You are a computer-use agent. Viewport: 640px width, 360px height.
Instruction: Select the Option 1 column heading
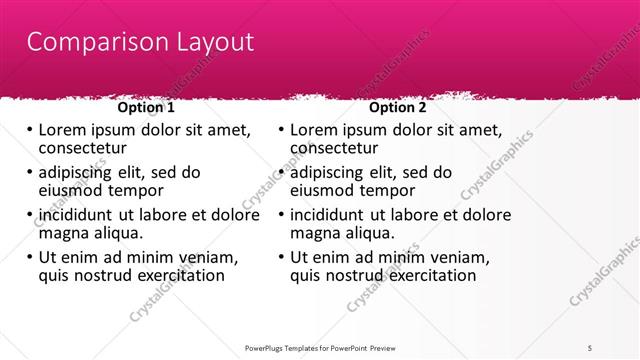[x=146, y=107]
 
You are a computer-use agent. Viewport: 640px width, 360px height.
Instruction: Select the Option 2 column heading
[x=397, y=107]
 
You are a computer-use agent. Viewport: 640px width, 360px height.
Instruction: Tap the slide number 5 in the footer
[x=590, y=347]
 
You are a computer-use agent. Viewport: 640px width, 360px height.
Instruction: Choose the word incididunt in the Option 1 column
[x=77, y=215]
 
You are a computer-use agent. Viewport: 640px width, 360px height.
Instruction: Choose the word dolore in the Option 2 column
[x=486, y=215]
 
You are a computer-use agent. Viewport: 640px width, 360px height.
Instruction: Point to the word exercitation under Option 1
[x=173, y=276]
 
